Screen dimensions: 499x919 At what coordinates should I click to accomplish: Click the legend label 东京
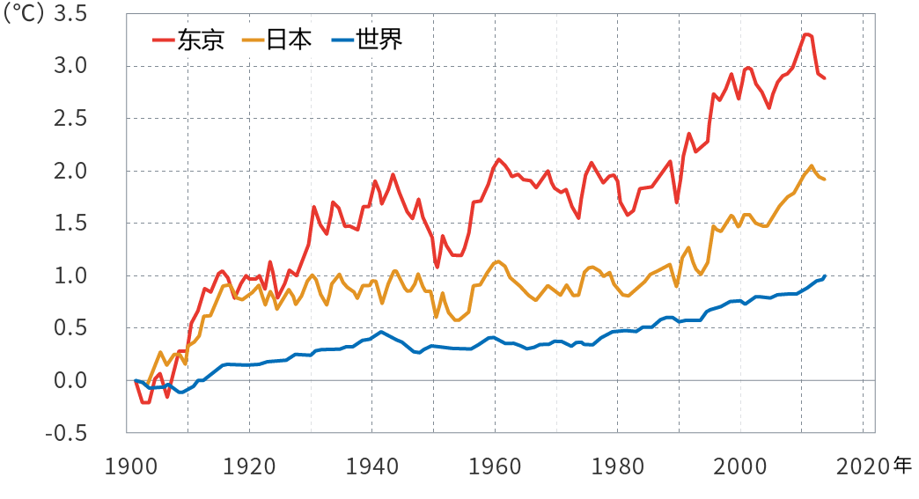point(201,40)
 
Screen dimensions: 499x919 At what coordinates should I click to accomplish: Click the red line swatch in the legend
point(164,40)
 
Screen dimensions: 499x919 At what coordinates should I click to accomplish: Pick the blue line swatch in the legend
point(342,40)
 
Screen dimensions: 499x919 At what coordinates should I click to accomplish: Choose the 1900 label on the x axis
point(128,466)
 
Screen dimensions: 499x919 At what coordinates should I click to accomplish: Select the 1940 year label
point(372,466)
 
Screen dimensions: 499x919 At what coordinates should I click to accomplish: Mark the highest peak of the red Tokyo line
point(805,34)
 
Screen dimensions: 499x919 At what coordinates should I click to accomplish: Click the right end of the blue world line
point(825,275)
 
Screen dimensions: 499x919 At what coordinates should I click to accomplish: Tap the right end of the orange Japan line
point(824,180)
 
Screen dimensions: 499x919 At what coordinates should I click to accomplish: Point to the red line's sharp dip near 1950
point(437,268)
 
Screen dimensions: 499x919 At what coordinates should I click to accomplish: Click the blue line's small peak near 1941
point(381,332)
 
